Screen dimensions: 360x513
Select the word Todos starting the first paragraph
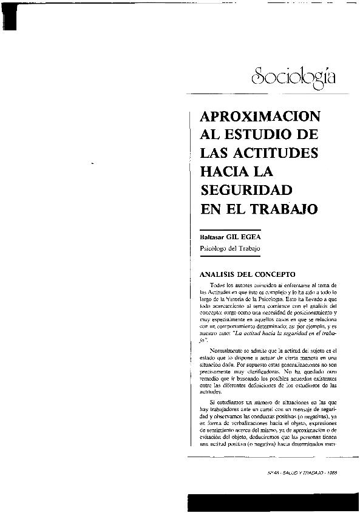click(x=217, y=285)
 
